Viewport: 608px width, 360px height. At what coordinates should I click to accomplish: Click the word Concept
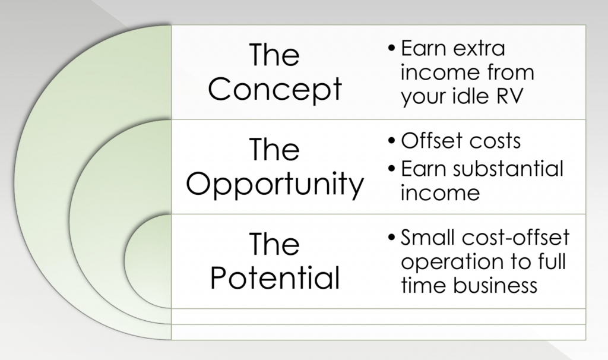click(275, 89)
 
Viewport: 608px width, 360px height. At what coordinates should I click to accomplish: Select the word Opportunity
click(275, 184)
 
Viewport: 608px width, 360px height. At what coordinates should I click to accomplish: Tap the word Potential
click(275, 278)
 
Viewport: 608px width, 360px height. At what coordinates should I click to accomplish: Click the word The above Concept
click(274, 55)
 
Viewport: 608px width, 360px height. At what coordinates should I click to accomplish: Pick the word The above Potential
click(274, 244)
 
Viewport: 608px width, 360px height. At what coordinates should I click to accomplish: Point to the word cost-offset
click(516, 237)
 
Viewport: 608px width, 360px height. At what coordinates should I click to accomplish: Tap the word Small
click(429, 237)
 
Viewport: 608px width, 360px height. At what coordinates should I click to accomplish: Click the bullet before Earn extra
click(392, 49)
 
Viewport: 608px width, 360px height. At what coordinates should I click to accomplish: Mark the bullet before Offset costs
click(392, 140)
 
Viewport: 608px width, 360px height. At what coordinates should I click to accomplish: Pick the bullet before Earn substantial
click(392, 169)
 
